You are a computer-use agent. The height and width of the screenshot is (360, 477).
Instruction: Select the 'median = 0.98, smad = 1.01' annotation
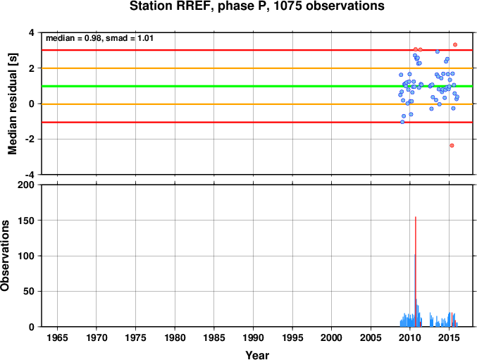coord(99,38)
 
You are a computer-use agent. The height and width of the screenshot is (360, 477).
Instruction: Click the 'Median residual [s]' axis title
coord(13,104)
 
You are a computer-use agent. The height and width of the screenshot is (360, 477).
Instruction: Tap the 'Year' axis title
coord(257,355)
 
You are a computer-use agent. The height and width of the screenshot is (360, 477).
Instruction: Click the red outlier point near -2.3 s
coord(452,145)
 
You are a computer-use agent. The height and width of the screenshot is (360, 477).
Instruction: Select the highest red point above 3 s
coord(455,44)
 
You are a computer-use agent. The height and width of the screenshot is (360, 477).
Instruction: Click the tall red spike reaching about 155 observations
coord(416,272)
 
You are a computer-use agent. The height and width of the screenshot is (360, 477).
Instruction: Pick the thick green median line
coord(257,87)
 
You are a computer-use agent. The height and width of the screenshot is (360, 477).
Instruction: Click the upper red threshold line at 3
coord(257,50)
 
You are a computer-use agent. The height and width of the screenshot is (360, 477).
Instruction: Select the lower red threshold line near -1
coord(257,122)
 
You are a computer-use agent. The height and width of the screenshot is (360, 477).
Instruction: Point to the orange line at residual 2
coord(257,68)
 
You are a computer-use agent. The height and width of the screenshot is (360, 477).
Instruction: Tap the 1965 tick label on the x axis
coord(58,337)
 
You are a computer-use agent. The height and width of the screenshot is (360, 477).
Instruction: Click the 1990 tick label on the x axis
coord(254,337)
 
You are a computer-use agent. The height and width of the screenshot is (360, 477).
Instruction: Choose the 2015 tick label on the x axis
coord(450,337)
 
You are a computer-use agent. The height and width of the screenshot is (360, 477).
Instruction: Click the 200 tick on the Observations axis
coord(26,185)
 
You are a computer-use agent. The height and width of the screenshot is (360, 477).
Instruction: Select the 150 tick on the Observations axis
coord(26,221)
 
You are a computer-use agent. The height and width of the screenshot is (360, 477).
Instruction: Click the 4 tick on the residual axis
coord(32,32)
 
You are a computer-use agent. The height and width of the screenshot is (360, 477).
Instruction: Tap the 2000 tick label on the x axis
coord(332,337)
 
